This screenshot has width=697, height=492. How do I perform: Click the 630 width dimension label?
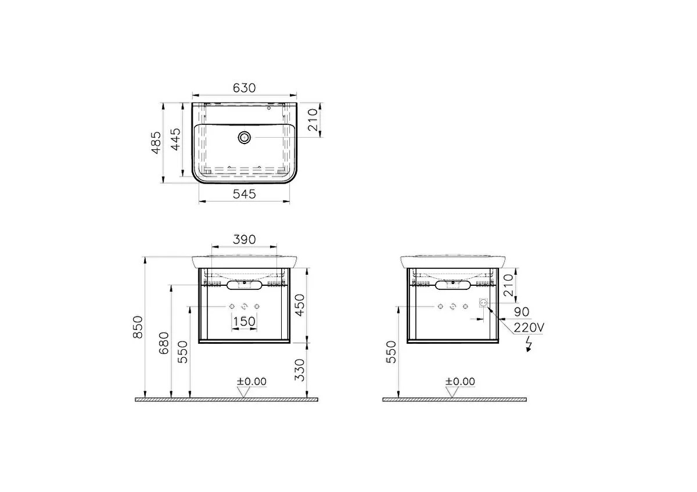tap(245, 88)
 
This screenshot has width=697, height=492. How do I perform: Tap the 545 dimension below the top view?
tap(245, 194)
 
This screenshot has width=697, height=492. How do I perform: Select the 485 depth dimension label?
tap(156, 143)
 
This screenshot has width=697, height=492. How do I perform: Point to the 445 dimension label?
tap(175, 139)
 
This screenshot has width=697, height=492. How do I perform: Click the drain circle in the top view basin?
tap(245, 137)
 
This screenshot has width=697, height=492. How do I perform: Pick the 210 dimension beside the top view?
tap(312, 120)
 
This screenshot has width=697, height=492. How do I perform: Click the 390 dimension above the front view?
tap(245, 240)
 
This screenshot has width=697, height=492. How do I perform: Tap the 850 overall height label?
tap(138, 327)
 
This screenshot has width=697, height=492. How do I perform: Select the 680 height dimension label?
tap(164, 343)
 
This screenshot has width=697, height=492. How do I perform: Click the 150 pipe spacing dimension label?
tap(245, 321)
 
